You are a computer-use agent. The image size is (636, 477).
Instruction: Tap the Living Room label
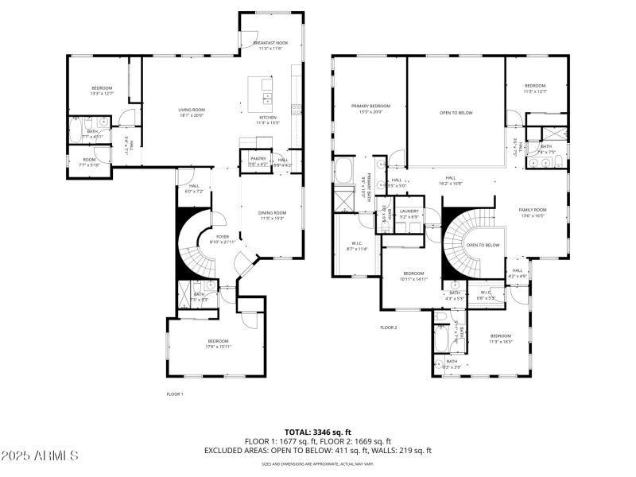(x=191, y=112)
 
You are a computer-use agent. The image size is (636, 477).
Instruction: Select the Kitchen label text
(x=267, y=120)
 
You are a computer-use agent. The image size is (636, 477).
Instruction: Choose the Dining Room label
(x=272, y=215)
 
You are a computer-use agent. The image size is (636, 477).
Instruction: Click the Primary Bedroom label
(x=371, y=109)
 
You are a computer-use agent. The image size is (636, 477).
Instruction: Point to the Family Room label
(x=533, y=212)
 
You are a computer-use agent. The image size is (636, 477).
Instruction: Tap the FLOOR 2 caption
(x=388, y=328)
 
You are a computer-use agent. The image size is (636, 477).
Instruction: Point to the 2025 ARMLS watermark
(x=40, y=456)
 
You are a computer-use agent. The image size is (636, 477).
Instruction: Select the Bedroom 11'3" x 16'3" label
(x=501, y=339)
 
